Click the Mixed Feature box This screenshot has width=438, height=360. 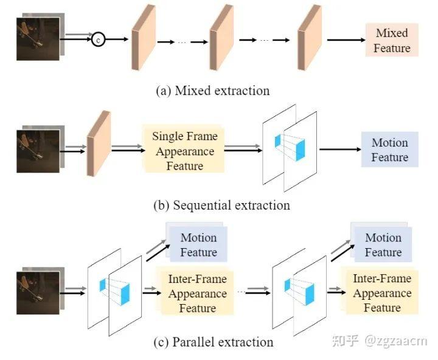tap(391, 40)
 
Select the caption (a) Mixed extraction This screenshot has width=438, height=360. tap(213, 91)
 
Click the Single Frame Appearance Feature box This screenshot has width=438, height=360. tap(184, 150)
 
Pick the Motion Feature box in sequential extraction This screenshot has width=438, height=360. tap(389, 150)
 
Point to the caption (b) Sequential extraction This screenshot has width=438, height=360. tap(221, 205)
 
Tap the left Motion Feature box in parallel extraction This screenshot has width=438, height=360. tap(198, 244)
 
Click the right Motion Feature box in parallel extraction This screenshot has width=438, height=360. tap(383, 244)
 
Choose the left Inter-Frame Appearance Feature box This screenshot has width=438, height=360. tap(197, 294)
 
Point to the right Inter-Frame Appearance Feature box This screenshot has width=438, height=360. tap(381, 293)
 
